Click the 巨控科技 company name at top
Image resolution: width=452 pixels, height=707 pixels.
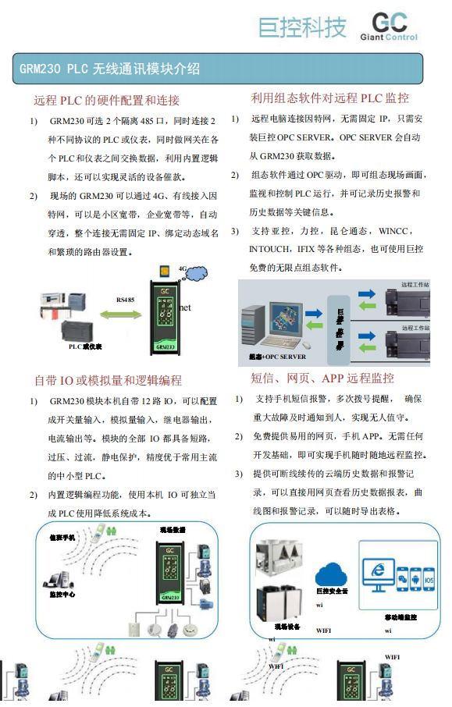pos(303,27)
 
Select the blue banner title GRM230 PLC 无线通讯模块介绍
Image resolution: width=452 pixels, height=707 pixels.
pos(110,69)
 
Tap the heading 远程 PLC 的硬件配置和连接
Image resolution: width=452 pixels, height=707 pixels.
pos(107,100)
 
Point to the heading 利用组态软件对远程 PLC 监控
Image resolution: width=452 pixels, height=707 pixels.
pos(329,98)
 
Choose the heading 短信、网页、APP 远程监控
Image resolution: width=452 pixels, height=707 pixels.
pos(322,378)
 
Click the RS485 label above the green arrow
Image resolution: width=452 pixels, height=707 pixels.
pos(125,299)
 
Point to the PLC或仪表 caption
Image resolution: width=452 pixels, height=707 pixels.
pos(86,345)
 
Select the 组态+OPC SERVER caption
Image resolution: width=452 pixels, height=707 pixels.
pos(278,357)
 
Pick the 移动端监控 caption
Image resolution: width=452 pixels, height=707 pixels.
pos(400,617)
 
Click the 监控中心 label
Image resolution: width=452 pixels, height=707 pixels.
pos(62,594)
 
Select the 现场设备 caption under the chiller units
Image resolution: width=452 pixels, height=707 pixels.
pos(286,626)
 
